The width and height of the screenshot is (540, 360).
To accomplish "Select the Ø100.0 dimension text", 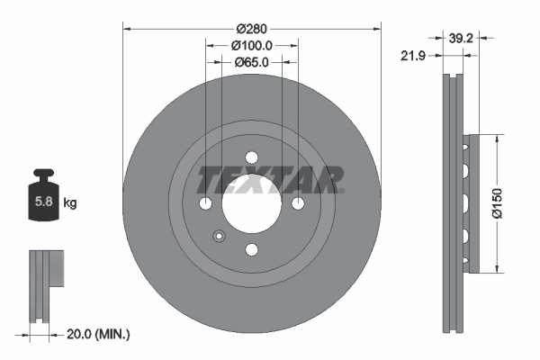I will pyautogui.click(x=252, y=45).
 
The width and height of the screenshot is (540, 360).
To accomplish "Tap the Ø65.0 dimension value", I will pyautogui.click(x=252, y=63).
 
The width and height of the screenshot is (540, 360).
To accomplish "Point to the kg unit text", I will pyautogui.click(x=69, y=203).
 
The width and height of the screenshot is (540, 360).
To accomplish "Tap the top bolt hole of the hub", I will pyautogui.click(x=252, y=157).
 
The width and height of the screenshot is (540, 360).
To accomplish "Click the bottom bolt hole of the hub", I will pyautogui.click(x=252, y=249).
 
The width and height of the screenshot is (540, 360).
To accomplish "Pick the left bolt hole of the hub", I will pyautogui.click(x=206, y=203).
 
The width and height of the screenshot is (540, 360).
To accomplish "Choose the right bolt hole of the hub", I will pyautogui.click(x=298, y=203).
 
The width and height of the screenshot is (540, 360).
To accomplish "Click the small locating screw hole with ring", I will pyautogui.click(x=218, y=237).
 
